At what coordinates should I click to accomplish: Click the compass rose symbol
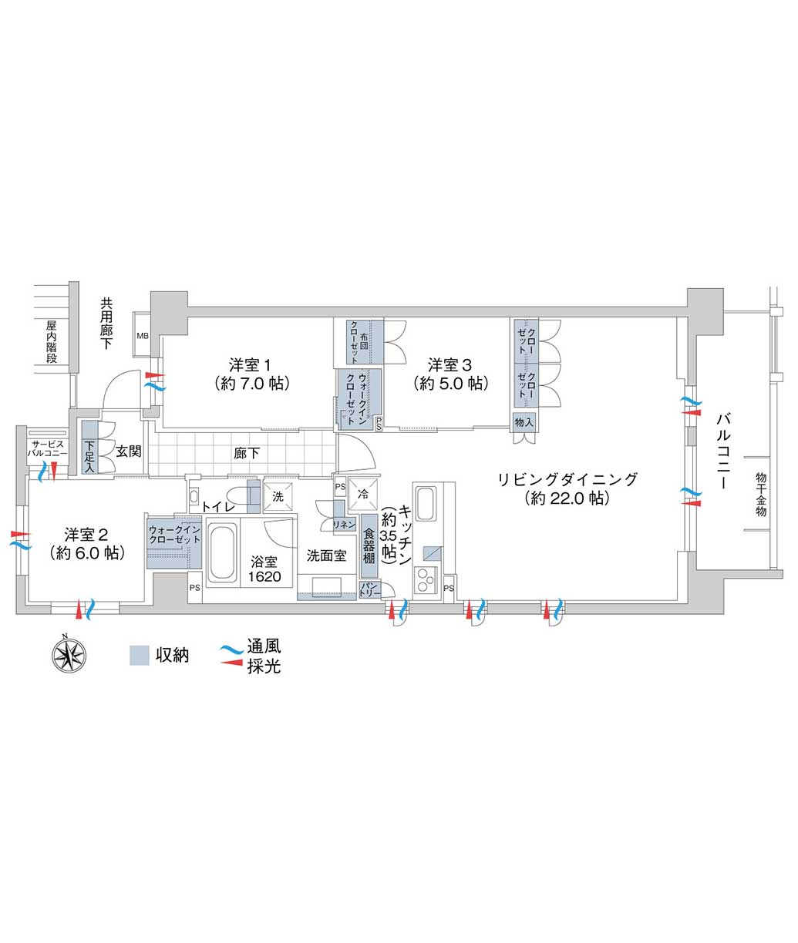click(69, 656)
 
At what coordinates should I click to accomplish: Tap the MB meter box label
click(143, 336)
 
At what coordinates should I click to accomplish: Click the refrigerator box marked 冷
click(363, 494)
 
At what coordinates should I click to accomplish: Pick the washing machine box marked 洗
click(278, 496)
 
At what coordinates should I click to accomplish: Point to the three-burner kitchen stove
click(426, 581)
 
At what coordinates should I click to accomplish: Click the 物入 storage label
click(524, 422)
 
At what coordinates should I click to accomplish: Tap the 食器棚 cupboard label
click(369, 546)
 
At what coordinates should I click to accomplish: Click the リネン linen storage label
click(344, 525)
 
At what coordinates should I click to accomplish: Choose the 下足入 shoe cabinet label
click(89, 456)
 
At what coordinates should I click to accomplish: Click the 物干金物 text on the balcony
click(760, 495)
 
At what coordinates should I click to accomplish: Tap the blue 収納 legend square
click(140, 656)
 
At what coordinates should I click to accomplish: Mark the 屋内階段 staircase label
click(52, 341)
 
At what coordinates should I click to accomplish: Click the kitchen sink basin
click(425, 504)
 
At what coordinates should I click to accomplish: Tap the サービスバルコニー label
click(48, 448)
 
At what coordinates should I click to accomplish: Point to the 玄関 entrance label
click(128, 451)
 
